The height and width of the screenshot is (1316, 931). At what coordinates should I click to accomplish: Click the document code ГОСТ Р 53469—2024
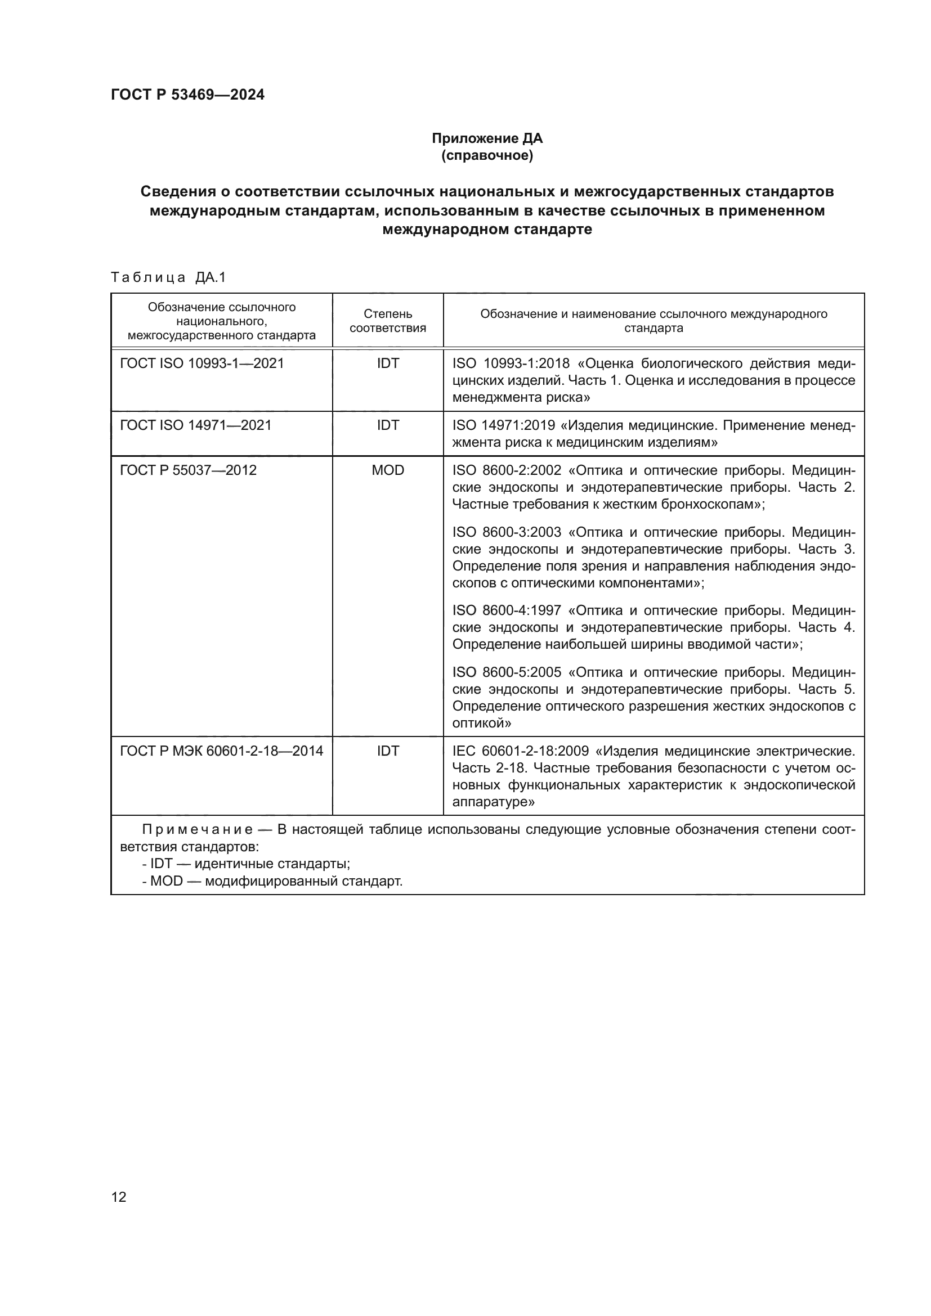[x=187, y=95]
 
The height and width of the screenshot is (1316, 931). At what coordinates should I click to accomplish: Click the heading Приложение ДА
[x=487, y=138]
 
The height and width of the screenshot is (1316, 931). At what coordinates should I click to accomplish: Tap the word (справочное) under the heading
[x=487, y=155]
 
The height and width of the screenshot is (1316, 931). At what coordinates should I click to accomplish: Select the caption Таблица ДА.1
[x=168, y=277]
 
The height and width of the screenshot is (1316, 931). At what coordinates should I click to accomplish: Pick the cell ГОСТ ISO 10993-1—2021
[x=202, y=363]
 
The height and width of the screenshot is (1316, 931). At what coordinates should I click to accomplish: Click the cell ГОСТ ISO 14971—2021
[x=195, y=425]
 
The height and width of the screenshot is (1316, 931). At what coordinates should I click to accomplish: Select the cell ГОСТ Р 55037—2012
[x=188, y=470]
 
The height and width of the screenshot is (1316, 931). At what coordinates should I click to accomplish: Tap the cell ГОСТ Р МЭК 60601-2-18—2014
[x=221, y=751]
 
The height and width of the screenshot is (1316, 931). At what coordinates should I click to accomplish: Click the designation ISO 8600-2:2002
[x=507, y=470]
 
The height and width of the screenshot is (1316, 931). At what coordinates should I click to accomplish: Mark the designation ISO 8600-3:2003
[x=507, y=532]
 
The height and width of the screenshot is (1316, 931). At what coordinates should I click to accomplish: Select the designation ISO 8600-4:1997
[x=507, y=610]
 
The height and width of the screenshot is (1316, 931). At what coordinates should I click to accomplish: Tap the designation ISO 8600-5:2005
[x=507, y=672]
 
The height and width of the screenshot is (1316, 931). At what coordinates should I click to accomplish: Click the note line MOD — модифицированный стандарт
[x=273, y=881]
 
